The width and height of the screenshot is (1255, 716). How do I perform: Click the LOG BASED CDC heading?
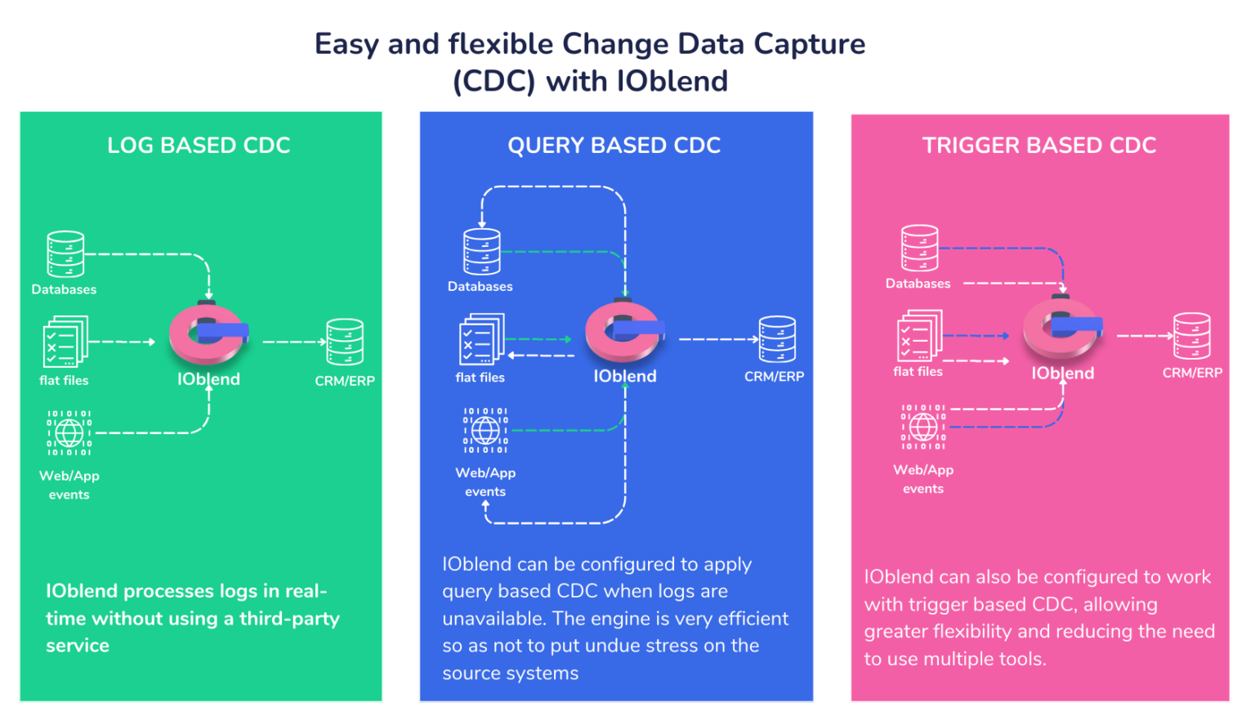tap(199, 145)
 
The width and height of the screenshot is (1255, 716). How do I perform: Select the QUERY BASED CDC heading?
tap(614, 145)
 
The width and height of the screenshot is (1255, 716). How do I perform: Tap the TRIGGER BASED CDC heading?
tap(1038, 145)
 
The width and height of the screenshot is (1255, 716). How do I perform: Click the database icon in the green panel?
tap(65, 254)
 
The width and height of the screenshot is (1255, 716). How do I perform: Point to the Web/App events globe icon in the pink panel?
tap(923, 427)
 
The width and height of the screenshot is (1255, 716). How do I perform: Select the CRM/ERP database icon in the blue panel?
tap(776, 339)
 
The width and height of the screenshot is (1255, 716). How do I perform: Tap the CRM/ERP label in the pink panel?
tap(1192, 373)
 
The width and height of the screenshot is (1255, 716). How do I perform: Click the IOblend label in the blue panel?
tap(625, 376)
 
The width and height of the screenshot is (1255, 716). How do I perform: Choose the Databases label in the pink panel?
tap(918, 284)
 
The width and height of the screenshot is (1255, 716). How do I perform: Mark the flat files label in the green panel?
tap(64, 380)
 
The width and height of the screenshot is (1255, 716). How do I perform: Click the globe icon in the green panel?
tap(69, 433)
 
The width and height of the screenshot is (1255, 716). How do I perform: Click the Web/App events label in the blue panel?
tap(485, 481)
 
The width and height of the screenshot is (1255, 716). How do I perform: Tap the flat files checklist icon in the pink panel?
tap(919, 336)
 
